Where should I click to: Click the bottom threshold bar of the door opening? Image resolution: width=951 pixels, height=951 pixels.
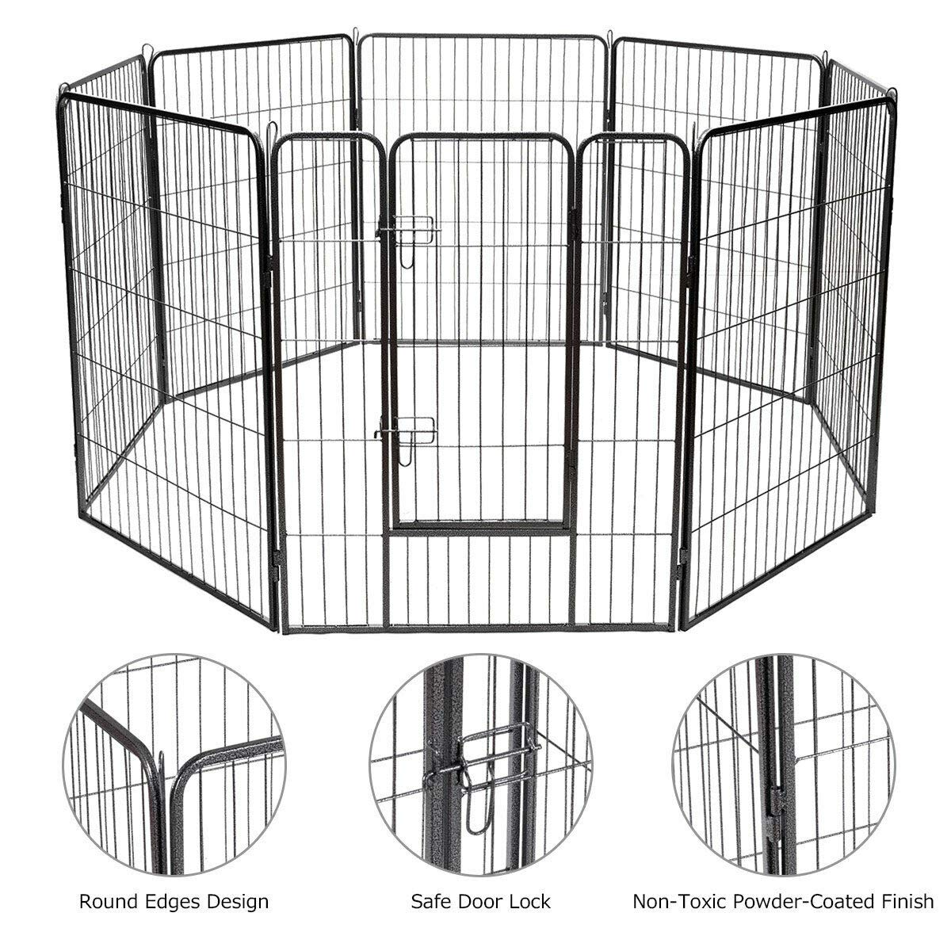pos(480,526)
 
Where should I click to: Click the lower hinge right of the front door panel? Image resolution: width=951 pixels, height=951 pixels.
pos(683,555)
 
